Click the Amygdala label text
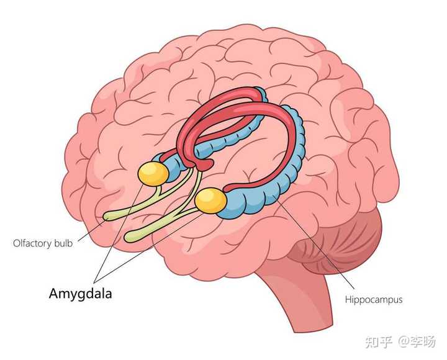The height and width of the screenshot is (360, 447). point(80,294)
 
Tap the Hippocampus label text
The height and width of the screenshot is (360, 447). point(374,300)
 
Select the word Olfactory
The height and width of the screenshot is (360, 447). point(32,243)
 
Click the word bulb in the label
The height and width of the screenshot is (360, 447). point(64,243)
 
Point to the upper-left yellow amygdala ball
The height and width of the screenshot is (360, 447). point(153,174)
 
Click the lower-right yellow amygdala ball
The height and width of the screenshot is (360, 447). point(210,200)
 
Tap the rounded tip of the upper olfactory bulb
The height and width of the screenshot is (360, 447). point(107,217)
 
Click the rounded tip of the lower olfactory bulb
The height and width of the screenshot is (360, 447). point(129,237)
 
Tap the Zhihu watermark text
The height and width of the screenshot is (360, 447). point(400,341)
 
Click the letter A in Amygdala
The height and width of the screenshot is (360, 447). point(55,293)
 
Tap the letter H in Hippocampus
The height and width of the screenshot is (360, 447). point(348,299)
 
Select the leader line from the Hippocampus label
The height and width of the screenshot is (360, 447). point(314,241)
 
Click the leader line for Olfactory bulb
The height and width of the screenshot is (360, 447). point(90,230)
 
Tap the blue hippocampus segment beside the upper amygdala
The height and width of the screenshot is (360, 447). point(174,168)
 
